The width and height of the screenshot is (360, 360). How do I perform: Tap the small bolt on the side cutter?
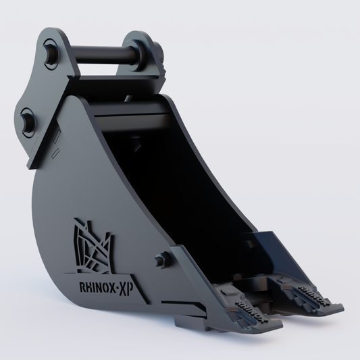point(160,259)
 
